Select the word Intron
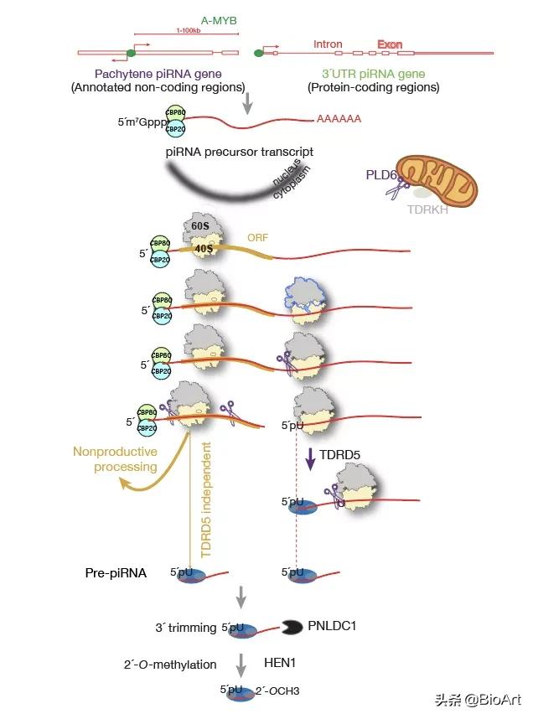click(x=328, y=44)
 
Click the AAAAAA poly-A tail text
click(x=339, y=119)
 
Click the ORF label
click(x=258, y=237)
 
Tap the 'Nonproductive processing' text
click(x=115, y=459)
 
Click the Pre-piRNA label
click(x=116, y=573)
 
